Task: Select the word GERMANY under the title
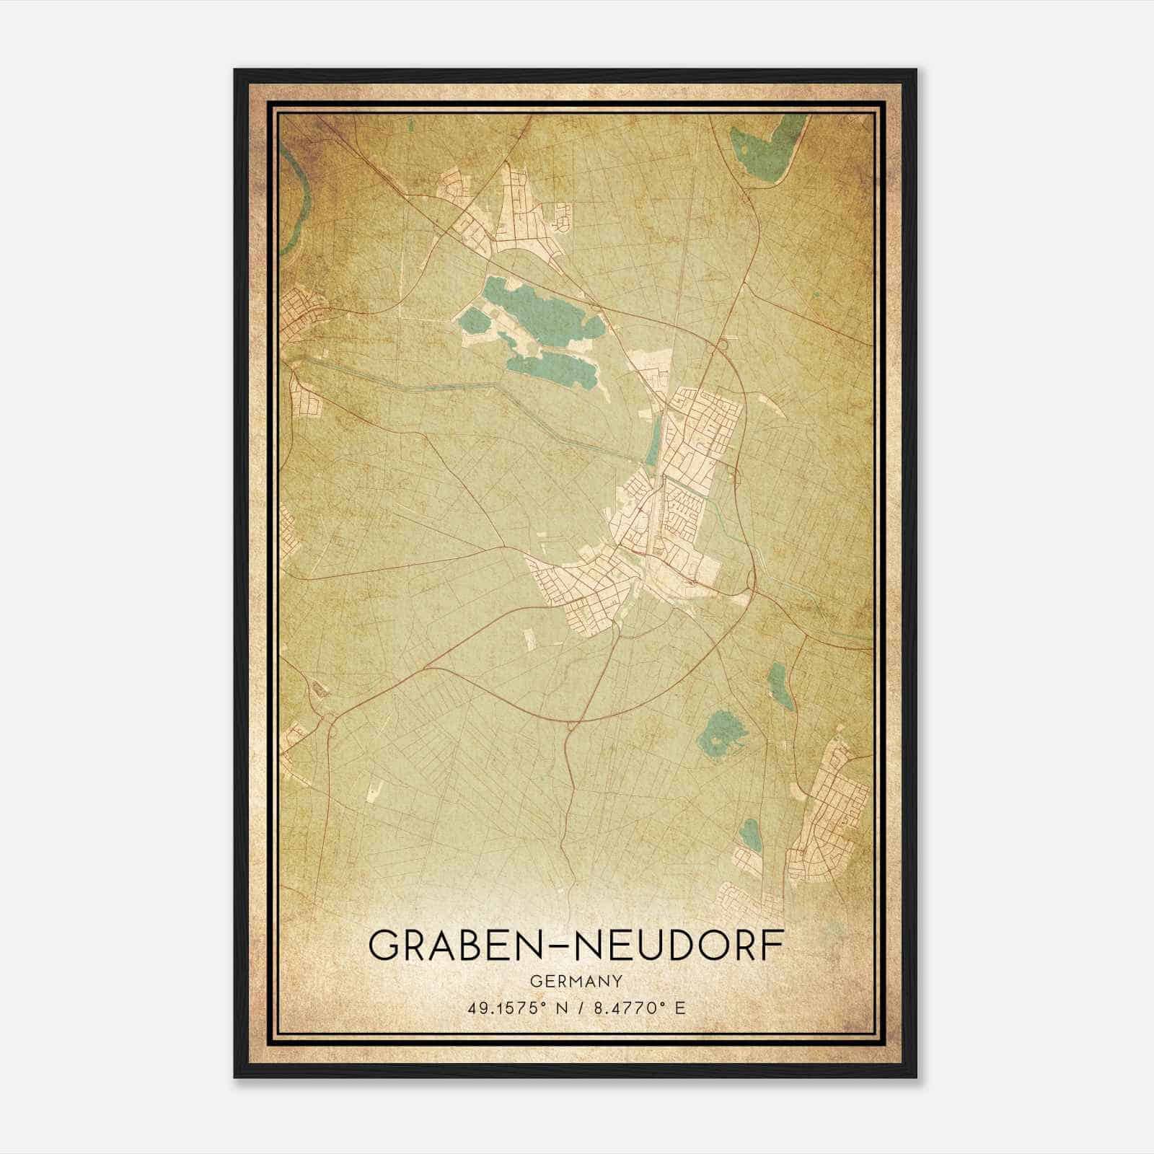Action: click(576, 982)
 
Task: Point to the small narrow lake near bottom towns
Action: click(750, 834)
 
